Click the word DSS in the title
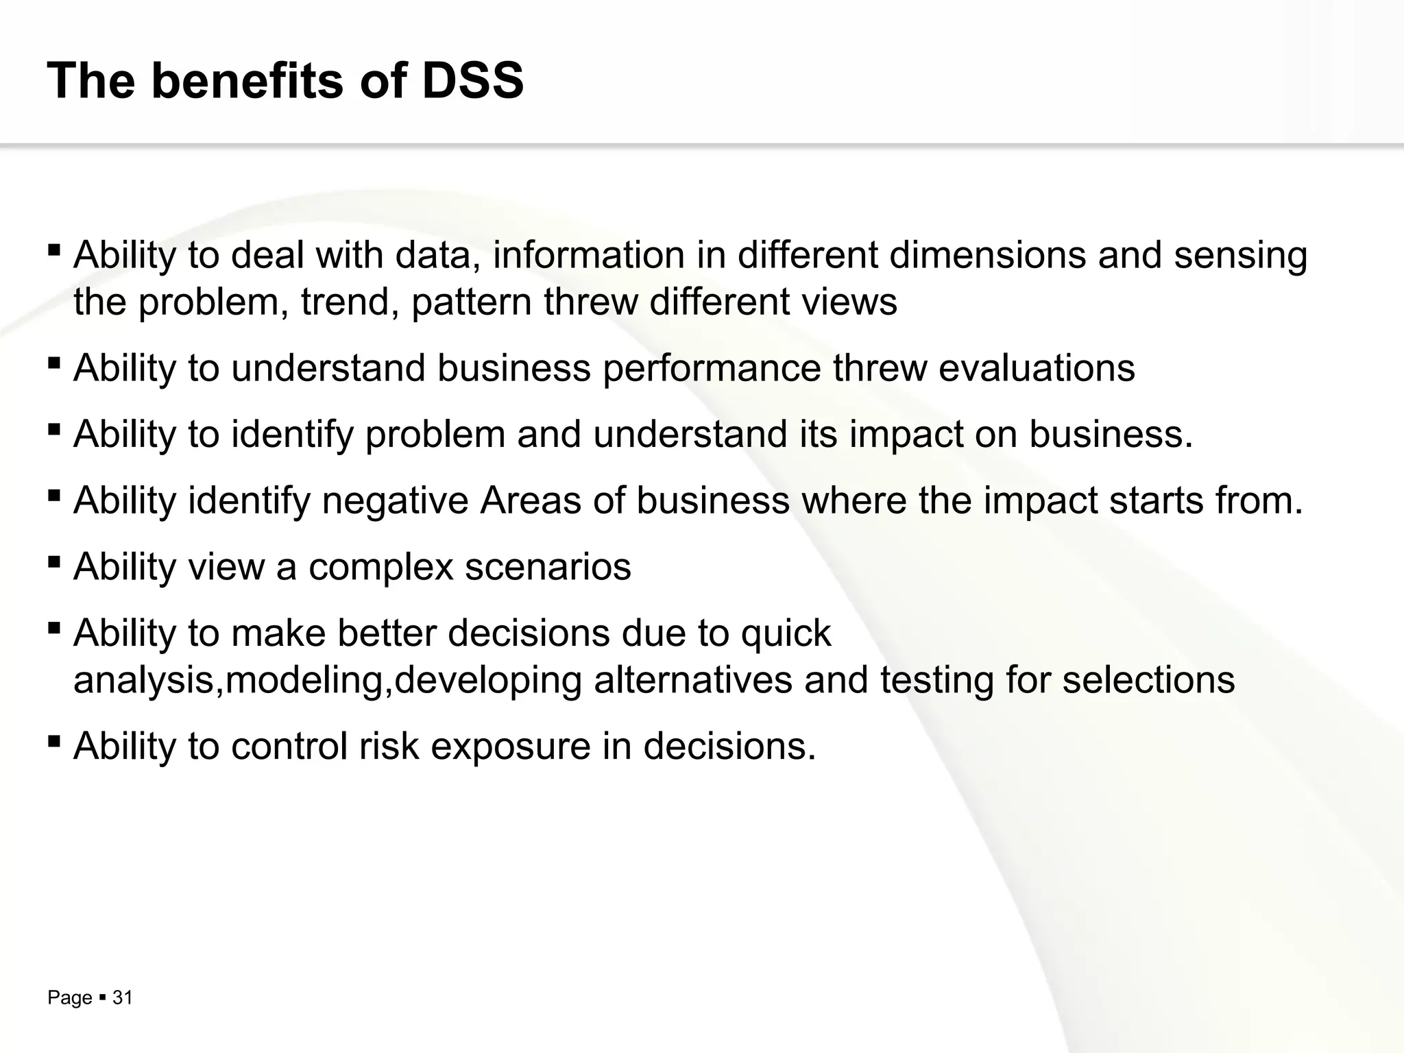click(472, 81)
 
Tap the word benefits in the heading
click(247, 81)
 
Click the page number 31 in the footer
click(122, 997)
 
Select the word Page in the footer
click(69, 998)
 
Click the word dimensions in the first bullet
click(987, 255)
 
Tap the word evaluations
click(1037, 368)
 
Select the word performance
click(712, 369)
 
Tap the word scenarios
click(548, 567)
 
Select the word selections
click(1148, 680)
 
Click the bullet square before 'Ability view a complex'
click(54, 561)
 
